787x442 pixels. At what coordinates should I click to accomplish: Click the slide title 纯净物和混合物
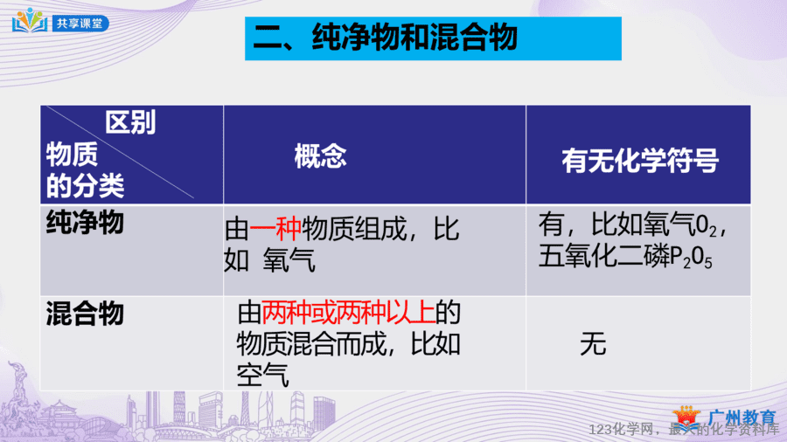414,38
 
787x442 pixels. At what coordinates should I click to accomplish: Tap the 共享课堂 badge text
80,24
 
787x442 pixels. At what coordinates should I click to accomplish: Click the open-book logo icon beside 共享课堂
30,21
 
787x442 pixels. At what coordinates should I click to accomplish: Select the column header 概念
320,155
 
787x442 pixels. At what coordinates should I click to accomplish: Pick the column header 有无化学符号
639,161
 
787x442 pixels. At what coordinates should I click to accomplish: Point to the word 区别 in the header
130,121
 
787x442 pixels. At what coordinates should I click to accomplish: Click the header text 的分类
85,186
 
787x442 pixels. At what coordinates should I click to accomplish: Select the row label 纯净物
85,223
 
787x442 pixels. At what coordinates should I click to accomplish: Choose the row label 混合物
85,314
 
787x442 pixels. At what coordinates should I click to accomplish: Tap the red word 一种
275,230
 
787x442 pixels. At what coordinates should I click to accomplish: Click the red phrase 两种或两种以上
348,313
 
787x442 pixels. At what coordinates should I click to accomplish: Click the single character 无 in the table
593,344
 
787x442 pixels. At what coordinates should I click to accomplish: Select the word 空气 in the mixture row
262,376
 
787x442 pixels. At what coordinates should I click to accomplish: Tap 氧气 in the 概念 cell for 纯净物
289,260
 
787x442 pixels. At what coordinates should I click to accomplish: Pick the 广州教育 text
742,418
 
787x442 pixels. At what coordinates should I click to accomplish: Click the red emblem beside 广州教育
686,417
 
